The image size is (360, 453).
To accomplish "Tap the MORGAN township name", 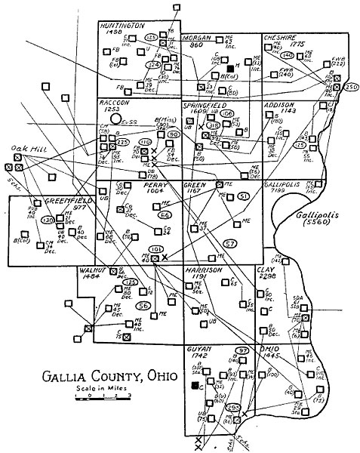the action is pos(198,38).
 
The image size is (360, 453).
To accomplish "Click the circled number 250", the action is pos(350,88).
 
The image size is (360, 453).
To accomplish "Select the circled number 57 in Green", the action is pos(231,243).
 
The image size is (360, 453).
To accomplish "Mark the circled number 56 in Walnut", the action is pos(143,306).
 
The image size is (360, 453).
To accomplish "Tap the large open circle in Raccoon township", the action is pos(115,119).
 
